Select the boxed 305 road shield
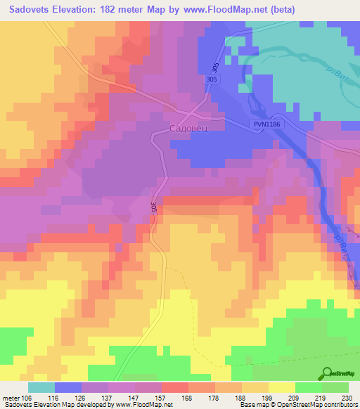click(x=213, y=80)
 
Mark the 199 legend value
click(x=268, y=396)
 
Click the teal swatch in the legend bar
click(x=41, y=387)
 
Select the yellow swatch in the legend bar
click(x=281, y=387)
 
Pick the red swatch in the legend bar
click(x=175, y=387)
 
